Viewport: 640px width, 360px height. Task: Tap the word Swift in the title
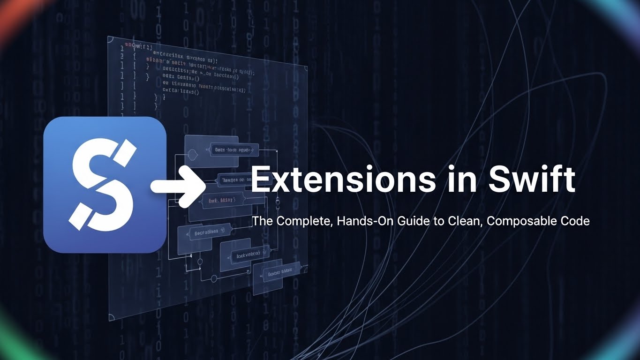click(532, 180)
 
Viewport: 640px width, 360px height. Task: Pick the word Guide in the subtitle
click(409, 221)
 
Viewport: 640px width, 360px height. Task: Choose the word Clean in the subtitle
click(461, 221)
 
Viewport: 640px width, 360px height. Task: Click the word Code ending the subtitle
click(574, 221)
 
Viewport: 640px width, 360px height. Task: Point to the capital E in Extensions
click(260, 180)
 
